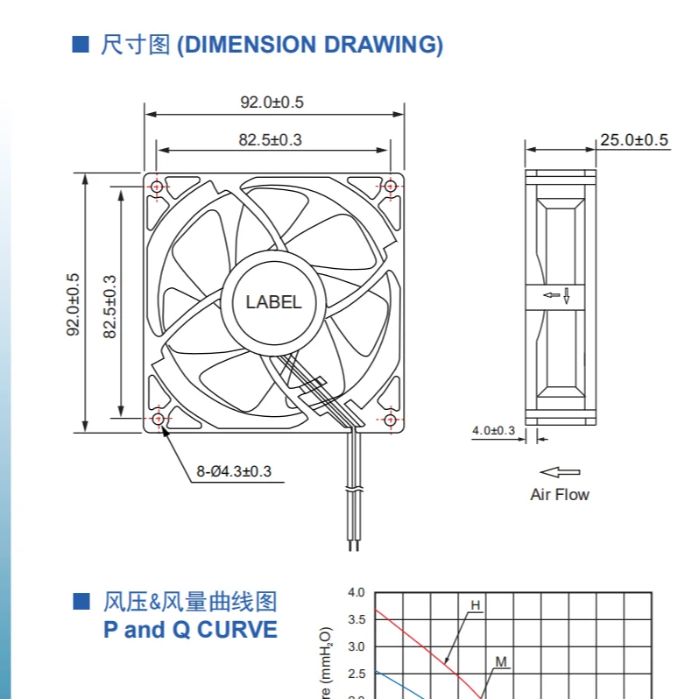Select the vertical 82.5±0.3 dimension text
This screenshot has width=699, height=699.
click(x=110, y=307)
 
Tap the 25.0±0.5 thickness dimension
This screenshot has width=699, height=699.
click(x=633, y=140)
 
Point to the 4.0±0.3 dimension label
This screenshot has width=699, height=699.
click(x=493, y=430)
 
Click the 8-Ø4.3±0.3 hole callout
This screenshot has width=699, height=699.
click(x=234, y=471)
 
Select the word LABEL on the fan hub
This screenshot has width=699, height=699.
click(x=273, y=302)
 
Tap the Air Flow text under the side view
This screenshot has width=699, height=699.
click(x=560, y=494)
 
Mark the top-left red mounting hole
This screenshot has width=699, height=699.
click(x=158, y=187)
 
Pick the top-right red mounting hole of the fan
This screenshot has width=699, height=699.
click(x=390, y=187)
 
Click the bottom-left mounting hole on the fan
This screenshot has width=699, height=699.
click(x=158, y=420)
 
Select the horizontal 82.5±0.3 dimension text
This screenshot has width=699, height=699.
click(x=272, y=139)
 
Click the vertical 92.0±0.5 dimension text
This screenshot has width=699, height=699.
click(x=74, y=304)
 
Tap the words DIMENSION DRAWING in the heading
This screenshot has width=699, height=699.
click(x=310, y=45)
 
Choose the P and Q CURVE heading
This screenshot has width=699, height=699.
click(x=190, y=629)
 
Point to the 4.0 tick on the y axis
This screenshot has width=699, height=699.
click(x=356, y=593)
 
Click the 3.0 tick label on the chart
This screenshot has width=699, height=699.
click(x=356, y=646)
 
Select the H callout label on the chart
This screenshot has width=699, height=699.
click(x=476, y=605)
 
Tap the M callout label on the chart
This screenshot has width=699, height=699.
click(x=501, y=661)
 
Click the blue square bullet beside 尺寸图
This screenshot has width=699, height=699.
click(x=81, y=44)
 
